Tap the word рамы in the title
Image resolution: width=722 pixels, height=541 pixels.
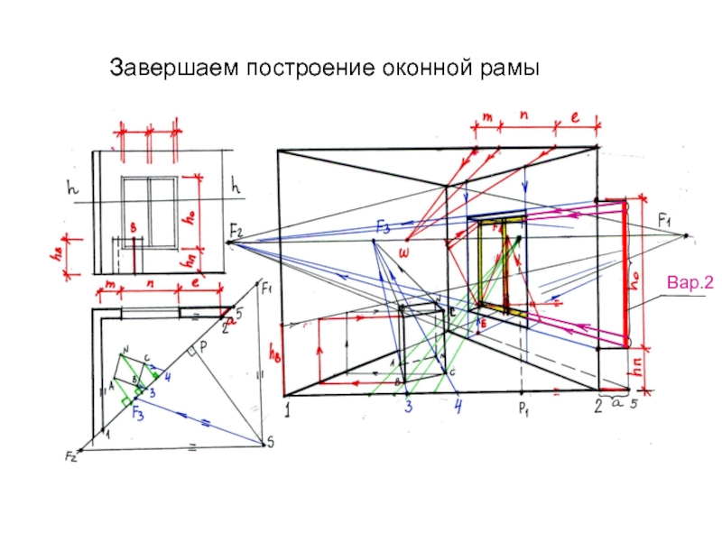pyautogui.click(x=509, y=69)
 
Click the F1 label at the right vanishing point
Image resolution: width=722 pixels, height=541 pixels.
pyautogui.click(x=666, y=220)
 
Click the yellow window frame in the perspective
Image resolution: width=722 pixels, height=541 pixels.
pyautogui.click(x=494, y=261)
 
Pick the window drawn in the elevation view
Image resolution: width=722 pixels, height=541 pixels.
pyautogui.click(x=149, y=209)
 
